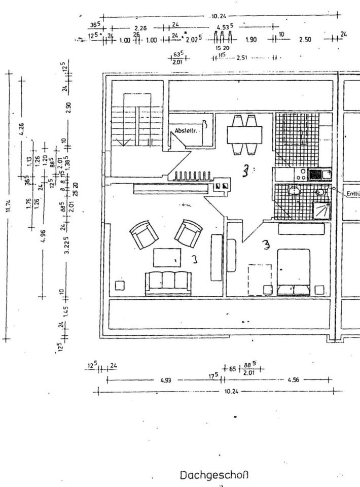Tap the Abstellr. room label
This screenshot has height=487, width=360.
pos(187,130)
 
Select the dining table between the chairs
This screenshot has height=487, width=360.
pos(244,135)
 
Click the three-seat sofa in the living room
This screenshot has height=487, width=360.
pos(168,283)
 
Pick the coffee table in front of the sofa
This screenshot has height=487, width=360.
pos(167,258)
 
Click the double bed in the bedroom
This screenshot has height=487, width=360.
pos(294,271)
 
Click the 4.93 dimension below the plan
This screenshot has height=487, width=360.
pos(165,379)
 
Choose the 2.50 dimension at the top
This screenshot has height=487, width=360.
pos(305,40)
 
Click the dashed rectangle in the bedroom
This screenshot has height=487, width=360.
pos(259,279)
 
